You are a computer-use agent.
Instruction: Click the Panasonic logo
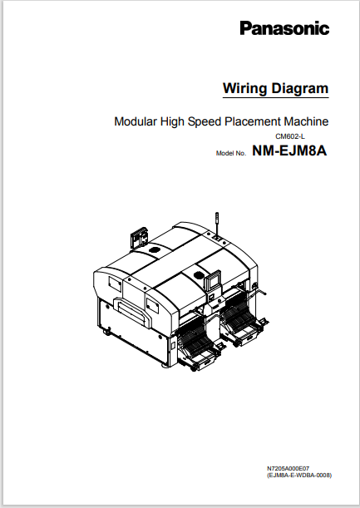tap(284, 29)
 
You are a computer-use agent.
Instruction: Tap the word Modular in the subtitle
tap(136, 121)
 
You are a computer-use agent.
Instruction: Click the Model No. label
tap(231, 154)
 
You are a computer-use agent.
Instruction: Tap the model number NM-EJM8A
tap(289, 152)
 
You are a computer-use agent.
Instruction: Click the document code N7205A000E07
tap(288, 469)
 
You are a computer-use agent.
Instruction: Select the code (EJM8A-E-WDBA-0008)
tap(298, 476)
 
